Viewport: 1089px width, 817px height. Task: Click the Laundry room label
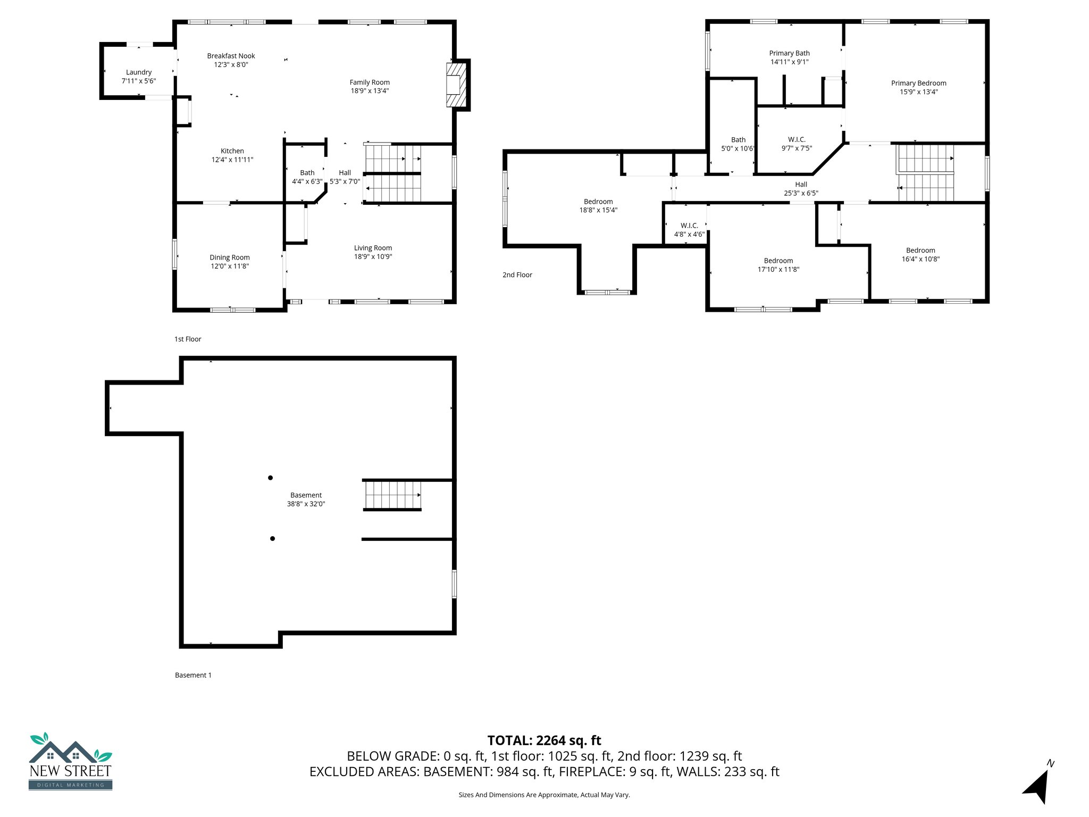coord(139,72)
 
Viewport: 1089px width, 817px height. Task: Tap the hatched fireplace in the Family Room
coord(455,85)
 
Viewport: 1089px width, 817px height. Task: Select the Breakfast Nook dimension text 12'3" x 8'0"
coord(231,65)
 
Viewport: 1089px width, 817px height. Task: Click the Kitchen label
coord(232,151)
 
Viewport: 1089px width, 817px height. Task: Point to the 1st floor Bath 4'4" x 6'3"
coord(307,177)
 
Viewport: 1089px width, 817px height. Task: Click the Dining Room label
coord(229,257)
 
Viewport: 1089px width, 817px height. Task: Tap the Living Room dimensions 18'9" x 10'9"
coord(373,257)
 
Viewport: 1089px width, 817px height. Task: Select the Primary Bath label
coord(789,53)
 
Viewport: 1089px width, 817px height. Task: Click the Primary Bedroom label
coord(918,83)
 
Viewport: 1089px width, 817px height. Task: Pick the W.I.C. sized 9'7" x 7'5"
coord(797,144)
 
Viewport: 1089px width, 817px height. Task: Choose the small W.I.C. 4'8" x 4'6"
coord(689,230)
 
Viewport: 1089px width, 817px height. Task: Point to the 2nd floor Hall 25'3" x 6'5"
coord(801,189)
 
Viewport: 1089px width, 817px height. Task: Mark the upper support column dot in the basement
coord(270,478)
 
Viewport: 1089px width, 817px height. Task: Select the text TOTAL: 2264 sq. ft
coord(544,740)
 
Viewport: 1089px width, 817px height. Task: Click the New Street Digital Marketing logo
coord(70,762)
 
